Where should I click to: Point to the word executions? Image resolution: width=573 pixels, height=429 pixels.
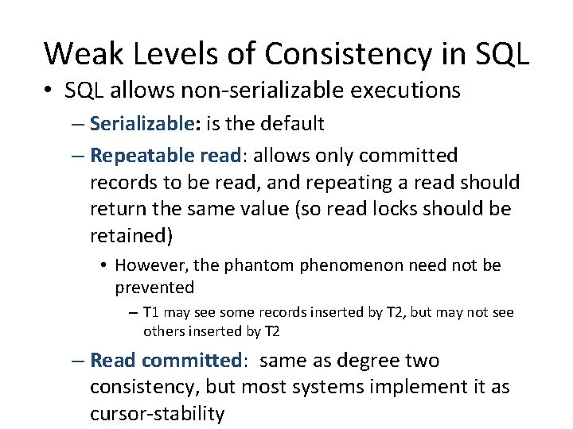tap(405, 91)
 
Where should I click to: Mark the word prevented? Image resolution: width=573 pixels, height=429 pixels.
tap(154, 286)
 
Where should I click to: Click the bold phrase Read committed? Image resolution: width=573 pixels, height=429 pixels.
tap(166, 361)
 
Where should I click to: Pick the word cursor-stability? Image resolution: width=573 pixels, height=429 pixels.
tap(157, 414)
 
